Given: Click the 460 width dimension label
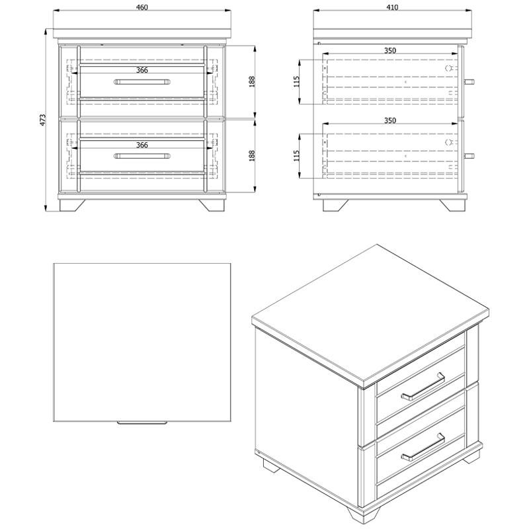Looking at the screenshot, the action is point(142,7).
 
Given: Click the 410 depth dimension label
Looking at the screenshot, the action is point(392,7).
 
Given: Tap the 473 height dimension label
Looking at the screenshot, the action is point(43,120).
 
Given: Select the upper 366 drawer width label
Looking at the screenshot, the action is point(142,70).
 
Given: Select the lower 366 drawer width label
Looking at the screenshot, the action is point(142,145).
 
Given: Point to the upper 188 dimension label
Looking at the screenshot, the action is point(252,82).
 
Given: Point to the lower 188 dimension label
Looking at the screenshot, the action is point(252,156).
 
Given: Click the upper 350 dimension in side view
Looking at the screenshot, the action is point(390,51).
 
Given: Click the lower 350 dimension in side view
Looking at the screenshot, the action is point(390,120).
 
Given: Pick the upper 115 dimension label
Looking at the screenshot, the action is point(296,81).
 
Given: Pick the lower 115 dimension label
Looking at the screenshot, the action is point(296,155).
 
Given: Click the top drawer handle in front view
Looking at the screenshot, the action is point(142,81).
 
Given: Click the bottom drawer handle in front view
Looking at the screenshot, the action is point(142,156).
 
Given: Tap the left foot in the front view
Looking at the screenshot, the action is point(72,205).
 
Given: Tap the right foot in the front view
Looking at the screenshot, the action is point(212,205).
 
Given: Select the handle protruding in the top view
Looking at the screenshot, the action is point(142,423).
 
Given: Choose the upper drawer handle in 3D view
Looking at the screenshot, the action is point(423,387).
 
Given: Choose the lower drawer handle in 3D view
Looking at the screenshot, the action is point(423,447).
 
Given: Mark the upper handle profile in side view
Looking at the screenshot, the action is point(469,81).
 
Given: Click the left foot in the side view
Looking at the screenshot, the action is point(335,205).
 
